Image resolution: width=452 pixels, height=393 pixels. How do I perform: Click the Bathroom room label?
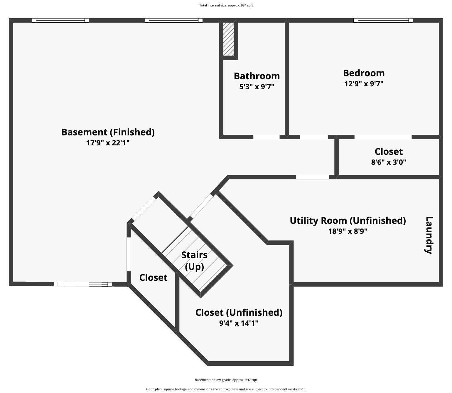click(x=257, y=76)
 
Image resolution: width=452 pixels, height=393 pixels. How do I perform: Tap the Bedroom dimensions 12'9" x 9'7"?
click(x=364, y=84)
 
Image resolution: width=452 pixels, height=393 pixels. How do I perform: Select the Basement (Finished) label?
click(x=108, y=132)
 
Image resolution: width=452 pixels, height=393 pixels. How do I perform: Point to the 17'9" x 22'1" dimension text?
click(x=108, y=143)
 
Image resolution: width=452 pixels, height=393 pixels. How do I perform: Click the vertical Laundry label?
click(x=429, y=235)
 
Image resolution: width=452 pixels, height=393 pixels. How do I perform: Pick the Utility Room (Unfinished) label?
click(x=348, y=221)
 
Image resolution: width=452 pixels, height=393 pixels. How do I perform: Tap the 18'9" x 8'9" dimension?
click(x=348, y=231)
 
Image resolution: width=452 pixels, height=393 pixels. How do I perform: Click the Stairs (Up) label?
click(x=194, y=261)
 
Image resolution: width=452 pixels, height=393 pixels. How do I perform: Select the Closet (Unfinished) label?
click(x=239, y=313)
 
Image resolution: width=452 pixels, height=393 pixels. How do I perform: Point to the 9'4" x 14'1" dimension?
click(x=239, y=323)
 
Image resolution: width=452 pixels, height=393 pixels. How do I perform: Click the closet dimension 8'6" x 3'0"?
click(x=389, y=162)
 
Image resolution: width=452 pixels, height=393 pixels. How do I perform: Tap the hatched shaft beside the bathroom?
click(x=228, y=39)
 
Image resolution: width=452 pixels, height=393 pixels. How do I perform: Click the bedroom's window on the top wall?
click(x=383, y=20)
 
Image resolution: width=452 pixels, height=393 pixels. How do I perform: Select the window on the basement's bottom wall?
click(x=83, y=284)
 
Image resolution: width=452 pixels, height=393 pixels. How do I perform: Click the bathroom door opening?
click(x=266, y=137)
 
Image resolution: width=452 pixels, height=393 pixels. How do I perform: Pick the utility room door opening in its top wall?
click(x=312, y=177)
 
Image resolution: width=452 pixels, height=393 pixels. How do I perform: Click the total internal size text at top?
click(x=226, y=5)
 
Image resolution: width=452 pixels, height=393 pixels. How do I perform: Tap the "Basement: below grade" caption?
click(x=226, y=380)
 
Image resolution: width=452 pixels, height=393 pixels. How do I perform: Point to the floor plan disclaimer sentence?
click(x=226, y=389)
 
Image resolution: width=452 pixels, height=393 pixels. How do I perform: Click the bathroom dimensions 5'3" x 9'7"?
click(x=257, y=87)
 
